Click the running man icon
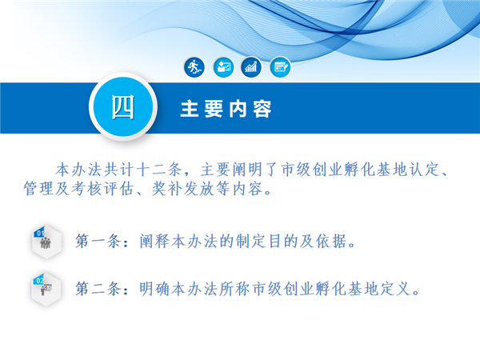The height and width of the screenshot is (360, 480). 194,67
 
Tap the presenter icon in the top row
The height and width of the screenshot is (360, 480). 223,67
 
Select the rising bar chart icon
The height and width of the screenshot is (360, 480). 251,67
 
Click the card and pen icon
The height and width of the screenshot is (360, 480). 280,67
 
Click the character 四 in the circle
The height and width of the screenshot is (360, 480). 122,106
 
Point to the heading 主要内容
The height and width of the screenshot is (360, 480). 226,109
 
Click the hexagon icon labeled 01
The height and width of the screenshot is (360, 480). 46,242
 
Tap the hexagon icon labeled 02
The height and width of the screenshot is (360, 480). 46,290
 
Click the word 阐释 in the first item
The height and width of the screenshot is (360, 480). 154,241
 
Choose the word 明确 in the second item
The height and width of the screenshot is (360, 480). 154,288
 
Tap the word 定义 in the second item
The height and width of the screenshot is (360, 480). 395,288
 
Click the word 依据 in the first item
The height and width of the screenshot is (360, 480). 331,241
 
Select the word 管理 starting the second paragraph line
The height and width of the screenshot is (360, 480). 38,188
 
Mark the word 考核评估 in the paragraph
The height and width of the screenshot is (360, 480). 103,188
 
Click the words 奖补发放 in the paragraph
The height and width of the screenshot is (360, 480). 183,188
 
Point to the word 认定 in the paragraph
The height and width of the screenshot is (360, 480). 425,170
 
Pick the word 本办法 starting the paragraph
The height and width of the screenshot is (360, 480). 78,170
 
